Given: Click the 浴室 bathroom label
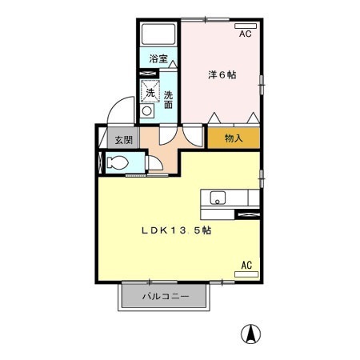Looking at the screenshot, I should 158,59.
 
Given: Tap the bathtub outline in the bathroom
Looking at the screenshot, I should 158,34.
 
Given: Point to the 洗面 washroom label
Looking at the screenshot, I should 169,99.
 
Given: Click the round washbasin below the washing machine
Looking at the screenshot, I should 147,113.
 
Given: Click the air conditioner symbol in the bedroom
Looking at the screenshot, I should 244,26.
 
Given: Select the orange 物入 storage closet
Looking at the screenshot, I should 234,138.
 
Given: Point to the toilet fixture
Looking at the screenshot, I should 118,163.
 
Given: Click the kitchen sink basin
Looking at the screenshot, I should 218,198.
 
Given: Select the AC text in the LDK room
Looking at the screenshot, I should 246,265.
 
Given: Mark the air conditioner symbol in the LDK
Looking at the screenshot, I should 246,274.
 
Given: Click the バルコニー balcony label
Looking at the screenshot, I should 166,296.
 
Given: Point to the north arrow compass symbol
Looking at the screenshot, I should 251,334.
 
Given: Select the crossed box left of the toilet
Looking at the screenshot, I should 100,162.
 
